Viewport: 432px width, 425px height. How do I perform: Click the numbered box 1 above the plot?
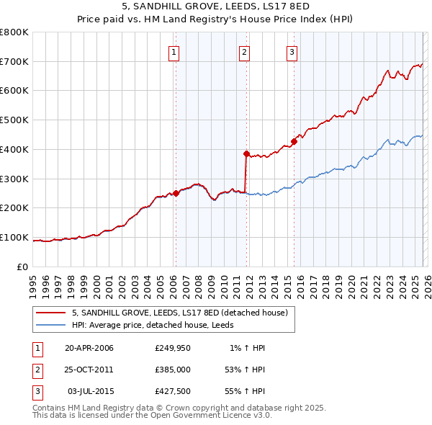(175, 51)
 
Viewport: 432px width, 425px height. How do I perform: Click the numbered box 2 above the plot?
(245, 51)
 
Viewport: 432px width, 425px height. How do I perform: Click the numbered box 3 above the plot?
(292, 51)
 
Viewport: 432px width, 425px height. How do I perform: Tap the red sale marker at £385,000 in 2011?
(246, 153)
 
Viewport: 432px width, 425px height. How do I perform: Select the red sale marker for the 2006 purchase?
(176, 193)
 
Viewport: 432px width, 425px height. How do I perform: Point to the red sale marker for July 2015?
(294, 141)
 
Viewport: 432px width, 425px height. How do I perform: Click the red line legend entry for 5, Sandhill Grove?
(180, 313)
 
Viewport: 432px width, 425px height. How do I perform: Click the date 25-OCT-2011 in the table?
(89, 369)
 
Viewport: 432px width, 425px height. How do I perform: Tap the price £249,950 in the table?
(171, 348)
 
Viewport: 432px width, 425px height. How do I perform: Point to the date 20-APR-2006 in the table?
(89, 348)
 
